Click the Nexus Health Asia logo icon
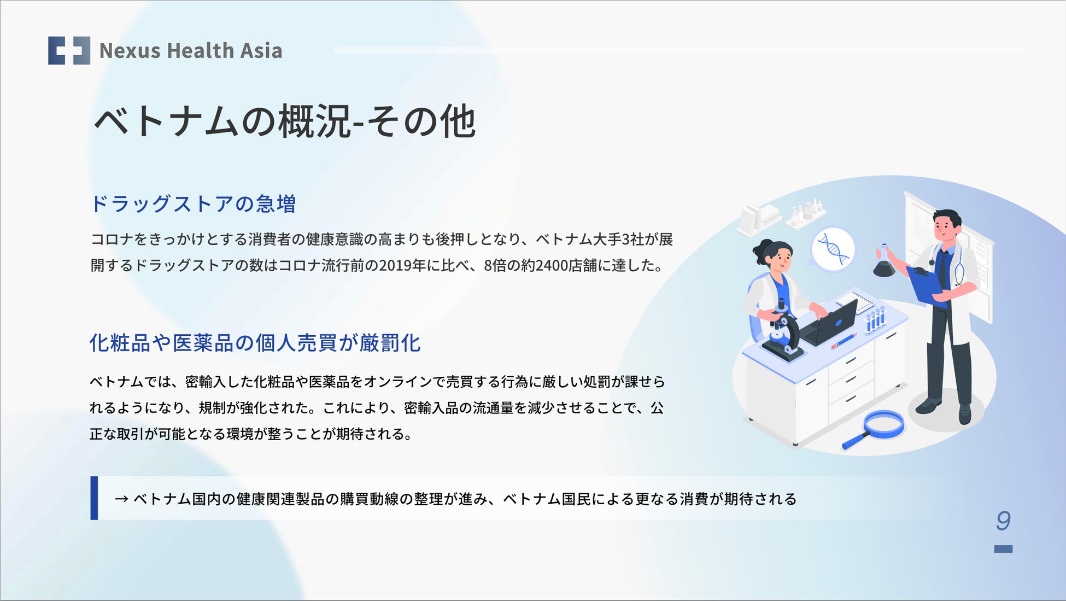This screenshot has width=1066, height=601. (69, 50)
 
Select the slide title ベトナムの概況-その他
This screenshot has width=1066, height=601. (285, 121)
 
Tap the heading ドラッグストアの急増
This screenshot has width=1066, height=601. (193, 203)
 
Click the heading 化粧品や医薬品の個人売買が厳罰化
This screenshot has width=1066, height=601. (255, 343)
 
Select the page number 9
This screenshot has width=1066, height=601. (1003, 521)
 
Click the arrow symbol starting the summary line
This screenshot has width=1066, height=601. (121, 499)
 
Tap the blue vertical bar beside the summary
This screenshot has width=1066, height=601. (94, 498)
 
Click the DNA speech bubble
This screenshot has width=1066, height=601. (832, 250)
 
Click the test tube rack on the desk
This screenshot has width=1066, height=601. (875, 320)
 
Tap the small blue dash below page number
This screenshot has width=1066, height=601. (1003, 549)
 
